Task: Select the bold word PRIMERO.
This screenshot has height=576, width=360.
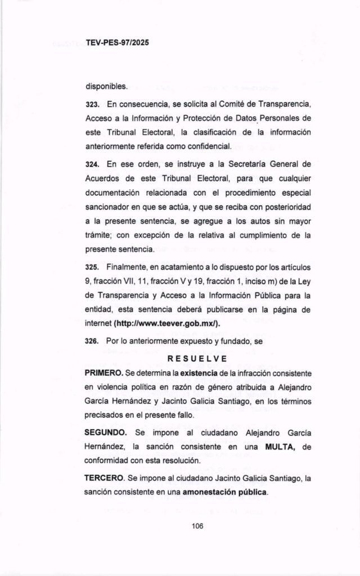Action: coord(104,372)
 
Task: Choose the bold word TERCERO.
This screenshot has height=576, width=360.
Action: coord(105,478)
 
